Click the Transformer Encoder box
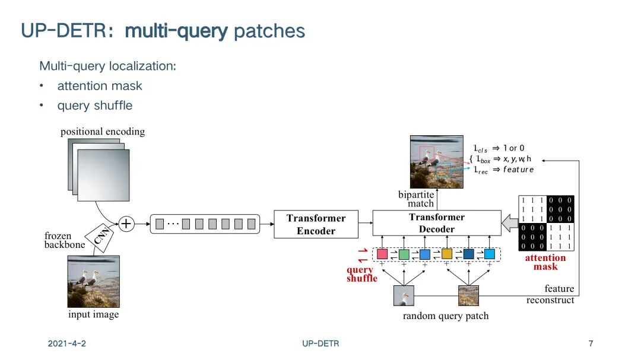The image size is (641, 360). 316,224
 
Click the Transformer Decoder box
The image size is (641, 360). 436,223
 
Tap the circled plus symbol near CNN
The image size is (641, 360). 126,224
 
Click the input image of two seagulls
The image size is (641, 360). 93,281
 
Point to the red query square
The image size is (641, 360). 382,254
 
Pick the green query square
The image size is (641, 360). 404,254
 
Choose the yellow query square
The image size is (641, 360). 447,254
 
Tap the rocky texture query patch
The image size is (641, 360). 468,295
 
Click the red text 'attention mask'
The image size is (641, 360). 545,262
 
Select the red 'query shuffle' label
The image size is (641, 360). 361,274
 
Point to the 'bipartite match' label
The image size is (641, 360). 416,199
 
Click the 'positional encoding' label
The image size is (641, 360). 103,132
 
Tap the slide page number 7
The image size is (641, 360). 591,343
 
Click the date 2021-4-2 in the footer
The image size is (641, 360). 67,343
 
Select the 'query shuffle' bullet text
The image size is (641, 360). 95,106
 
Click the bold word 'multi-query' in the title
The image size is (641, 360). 176,31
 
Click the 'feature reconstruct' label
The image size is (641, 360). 550,294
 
